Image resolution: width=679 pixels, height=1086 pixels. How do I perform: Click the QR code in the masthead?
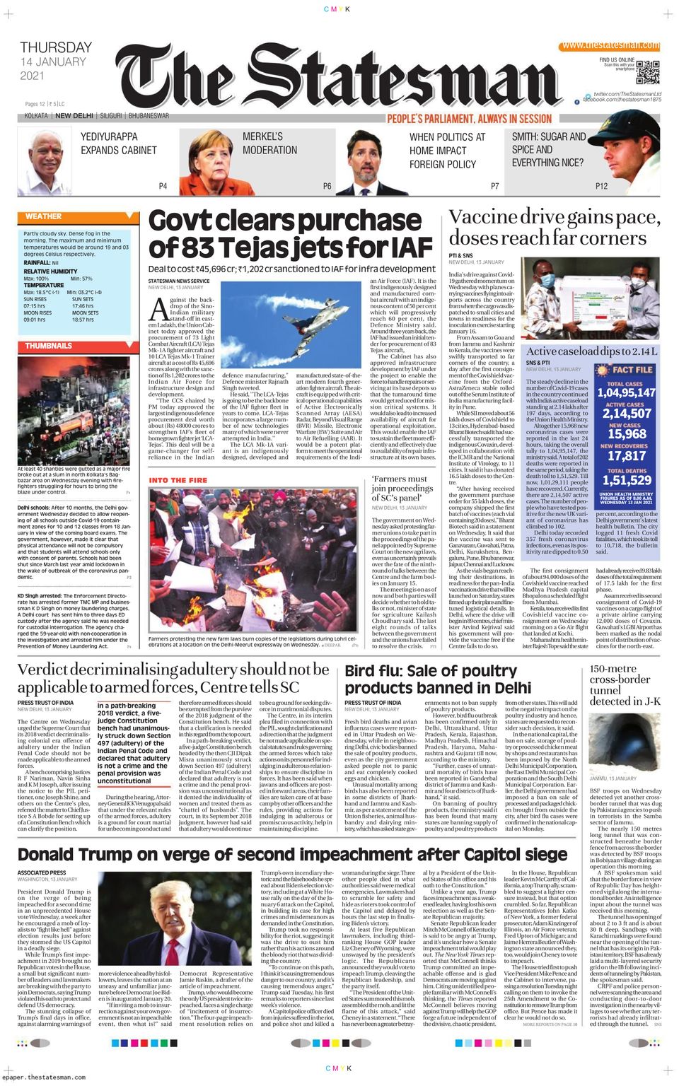(x=648, y=73)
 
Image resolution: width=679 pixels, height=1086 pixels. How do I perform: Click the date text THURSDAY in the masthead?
(x=56, y=47)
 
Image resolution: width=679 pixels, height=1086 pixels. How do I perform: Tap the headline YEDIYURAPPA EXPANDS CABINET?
(x=118, y=143)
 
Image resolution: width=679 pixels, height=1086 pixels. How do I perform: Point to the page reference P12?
(x=601, y=186)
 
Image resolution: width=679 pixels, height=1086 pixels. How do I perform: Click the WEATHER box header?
(x=44, y=216)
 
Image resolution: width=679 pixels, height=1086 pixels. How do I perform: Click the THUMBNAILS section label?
(x=49, y=346)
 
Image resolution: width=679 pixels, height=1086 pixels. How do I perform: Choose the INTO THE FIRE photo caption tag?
(x=178, y=480)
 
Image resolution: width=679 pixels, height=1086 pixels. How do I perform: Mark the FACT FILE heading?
(x=632, y=370)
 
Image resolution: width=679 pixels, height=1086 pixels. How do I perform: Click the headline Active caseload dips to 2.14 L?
(x=591, y=351)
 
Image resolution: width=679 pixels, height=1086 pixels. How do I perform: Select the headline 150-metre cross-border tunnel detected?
(x=625, y=684)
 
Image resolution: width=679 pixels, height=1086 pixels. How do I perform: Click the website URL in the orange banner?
(x=611, y=45)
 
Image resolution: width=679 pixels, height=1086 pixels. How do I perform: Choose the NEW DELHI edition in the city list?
(x=74, y=116)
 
